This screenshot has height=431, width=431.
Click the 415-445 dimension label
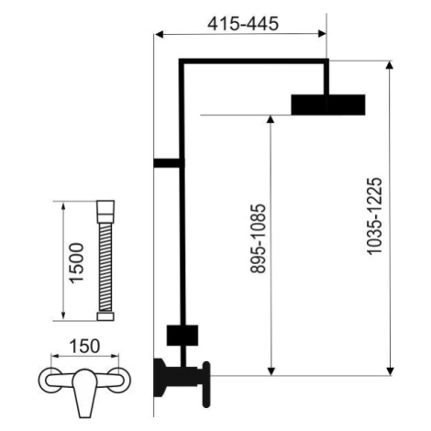243,24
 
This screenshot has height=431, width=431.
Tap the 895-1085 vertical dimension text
258,238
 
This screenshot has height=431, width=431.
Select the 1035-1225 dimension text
374,215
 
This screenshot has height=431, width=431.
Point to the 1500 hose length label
76,263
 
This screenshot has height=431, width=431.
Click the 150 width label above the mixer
84,347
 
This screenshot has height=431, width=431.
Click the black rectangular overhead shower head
328,105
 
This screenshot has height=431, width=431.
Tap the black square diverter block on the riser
182,336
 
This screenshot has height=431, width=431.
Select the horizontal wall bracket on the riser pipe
167,163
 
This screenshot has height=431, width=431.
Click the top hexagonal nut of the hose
105,212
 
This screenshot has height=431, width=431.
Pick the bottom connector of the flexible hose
105,316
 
